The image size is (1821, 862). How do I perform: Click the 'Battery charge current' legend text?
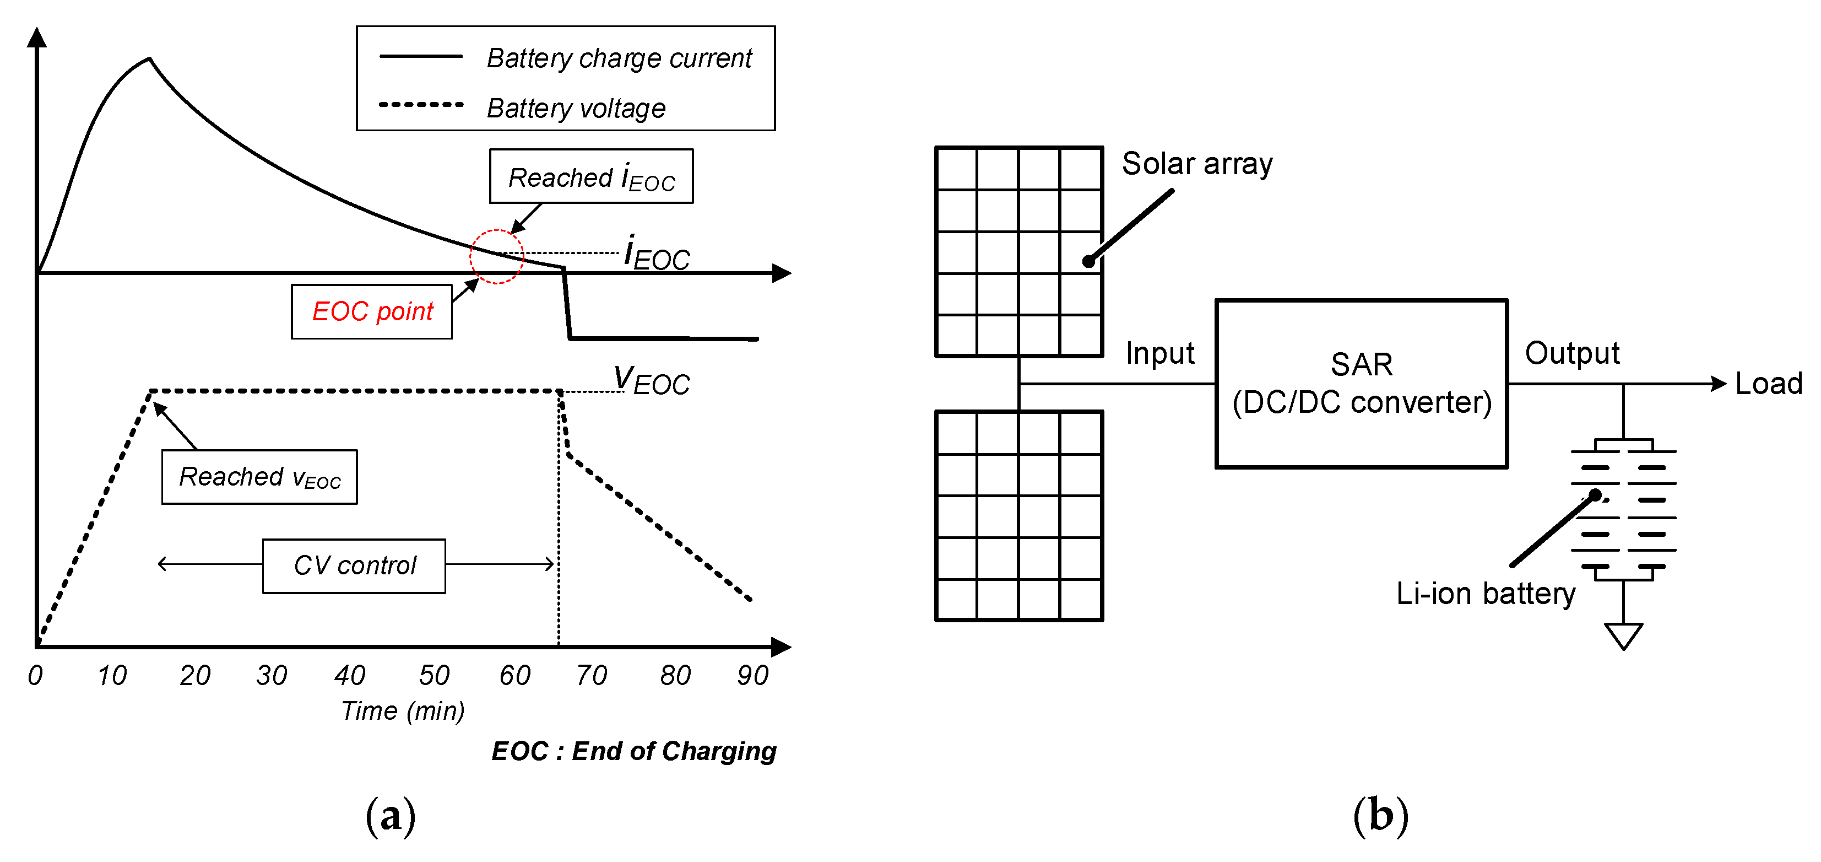tap(619, 58)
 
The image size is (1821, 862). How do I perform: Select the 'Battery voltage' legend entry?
tap(576, 108)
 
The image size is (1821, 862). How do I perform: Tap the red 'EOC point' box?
tap(372, 312)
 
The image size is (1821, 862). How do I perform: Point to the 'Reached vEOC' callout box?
tap(259, 477)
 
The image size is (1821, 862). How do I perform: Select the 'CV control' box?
tap(354, 565)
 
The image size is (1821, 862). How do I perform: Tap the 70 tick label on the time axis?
tap(591, 675)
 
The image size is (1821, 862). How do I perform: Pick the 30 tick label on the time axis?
tap(272, 675)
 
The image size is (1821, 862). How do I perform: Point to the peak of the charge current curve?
tap(149, 58)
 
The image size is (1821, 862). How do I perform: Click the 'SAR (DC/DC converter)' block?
tap(1361, 383)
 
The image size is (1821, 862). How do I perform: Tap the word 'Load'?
tap(1769, 384)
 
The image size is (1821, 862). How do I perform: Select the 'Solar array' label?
tap(1197, 164)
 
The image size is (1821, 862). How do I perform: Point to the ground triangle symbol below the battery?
tap(1623, 634)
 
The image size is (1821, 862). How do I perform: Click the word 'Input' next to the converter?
tap(1159, 353)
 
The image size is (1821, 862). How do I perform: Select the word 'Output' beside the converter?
tap(1571, 353)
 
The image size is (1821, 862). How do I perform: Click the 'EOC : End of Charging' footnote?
tap(633, 751)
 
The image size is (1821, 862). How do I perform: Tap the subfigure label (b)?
tap(1380, 815)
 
